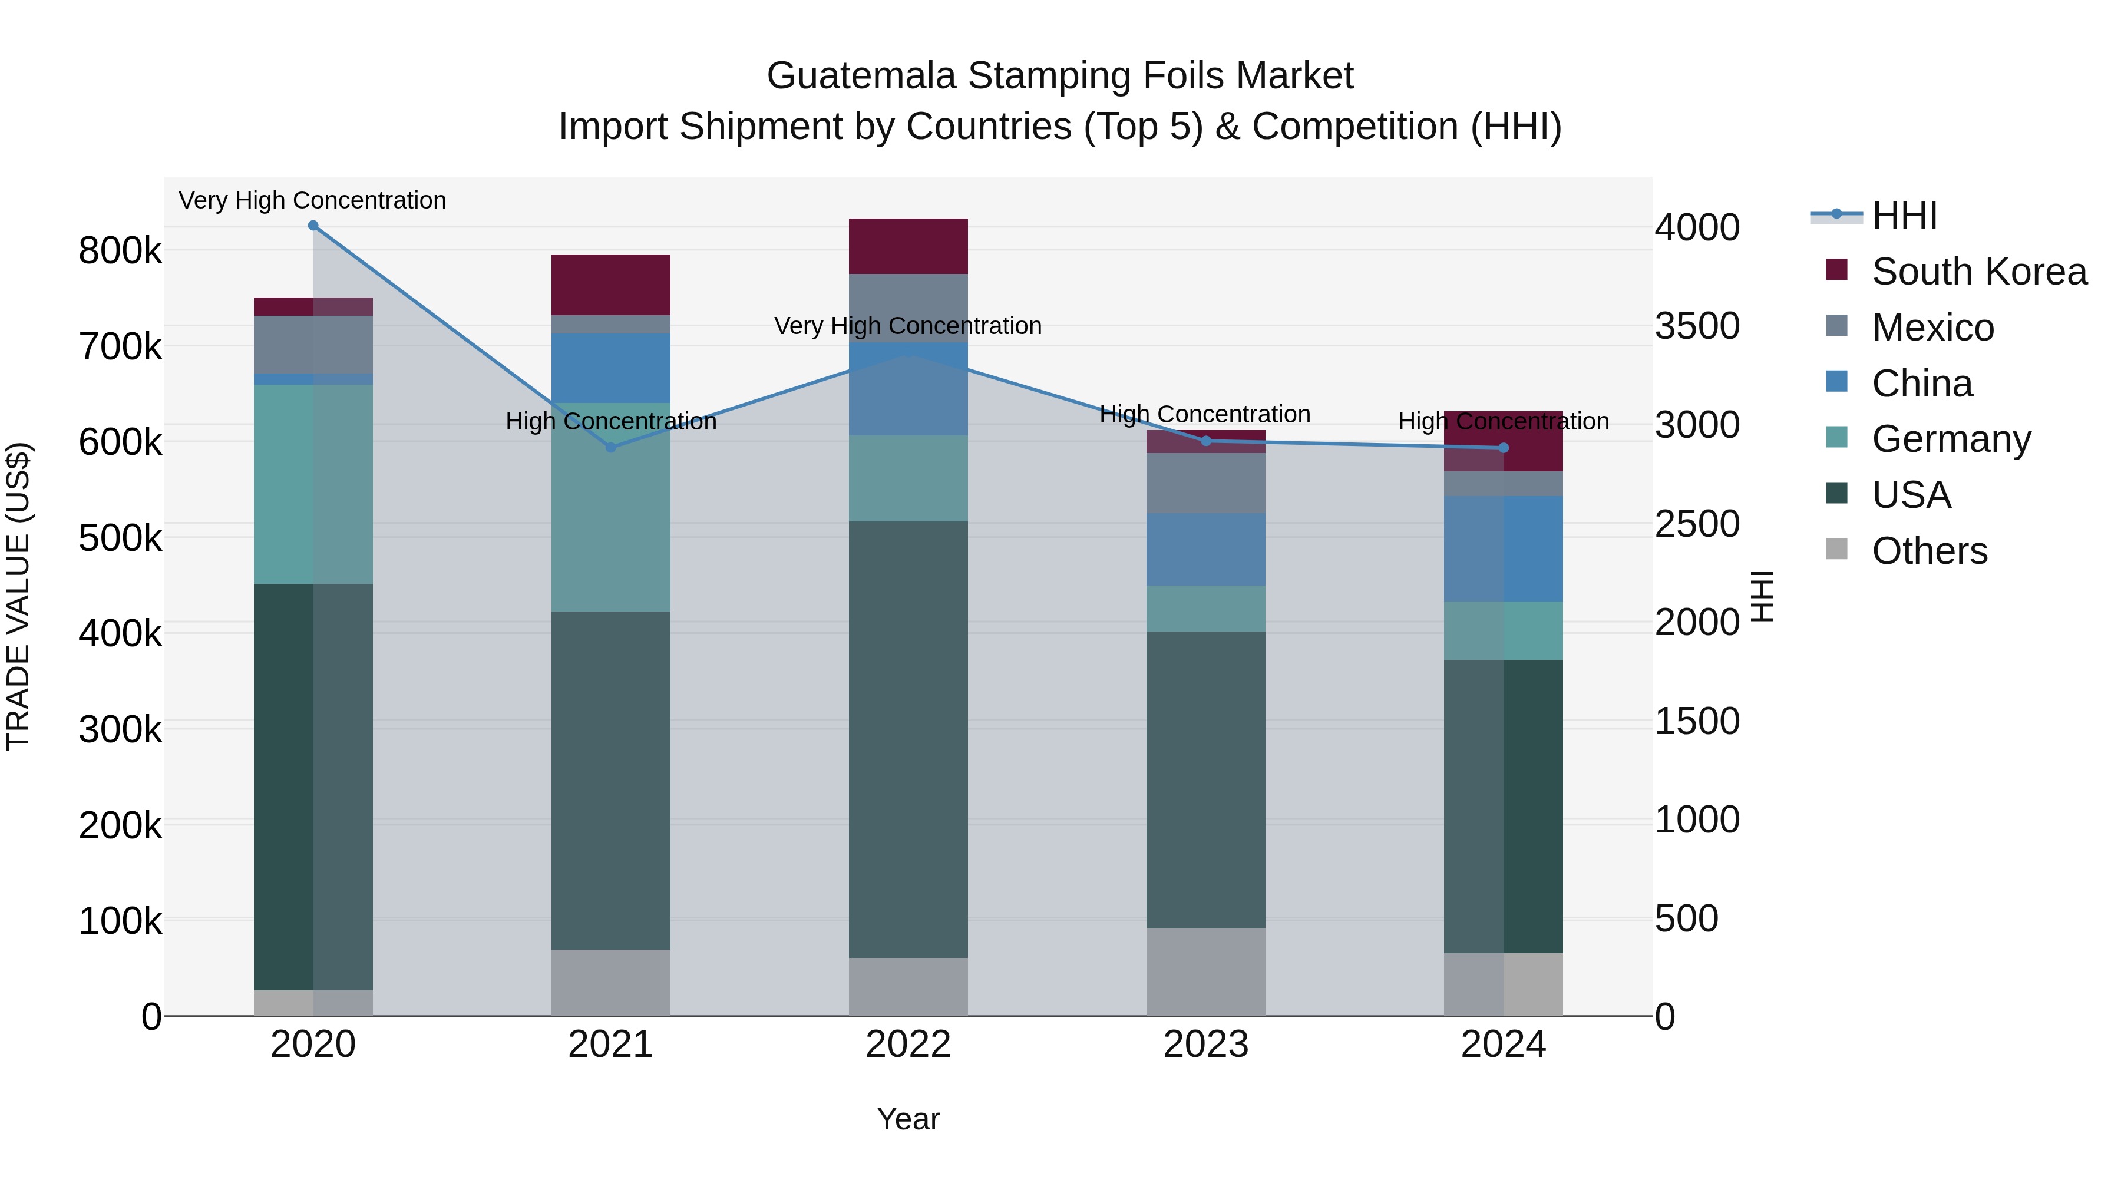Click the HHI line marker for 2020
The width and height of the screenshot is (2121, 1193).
tap(313, 226)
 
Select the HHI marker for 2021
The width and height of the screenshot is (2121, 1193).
tap(611, 448)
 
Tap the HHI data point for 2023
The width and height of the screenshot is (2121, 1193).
tap(1206, 441)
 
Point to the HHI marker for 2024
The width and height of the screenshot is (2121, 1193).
tap(1504, 448)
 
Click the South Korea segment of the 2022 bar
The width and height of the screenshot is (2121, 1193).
tap(908, 246)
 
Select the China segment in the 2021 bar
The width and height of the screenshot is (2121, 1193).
tap(611, 368)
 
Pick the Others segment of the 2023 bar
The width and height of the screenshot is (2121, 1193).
tap(1206, 972)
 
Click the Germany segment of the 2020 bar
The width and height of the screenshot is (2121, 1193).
tap(313, 484)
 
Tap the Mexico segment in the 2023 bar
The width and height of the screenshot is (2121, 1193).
tap(1206, 483)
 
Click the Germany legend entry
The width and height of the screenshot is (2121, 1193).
tap(1951, 439)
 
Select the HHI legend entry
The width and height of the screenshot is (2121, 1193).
tap(1904, 216)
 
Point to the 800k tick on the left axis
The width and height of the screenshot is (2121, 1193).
tap(120, 250)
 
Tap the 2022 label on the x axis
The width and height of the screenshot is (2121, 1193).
tap(908, 1045)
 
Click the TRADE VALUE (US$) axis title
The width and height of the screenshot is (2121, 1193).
tap(18, 596)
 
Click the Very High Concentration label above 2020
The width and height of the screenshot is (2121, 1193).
tap(312, 201)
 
